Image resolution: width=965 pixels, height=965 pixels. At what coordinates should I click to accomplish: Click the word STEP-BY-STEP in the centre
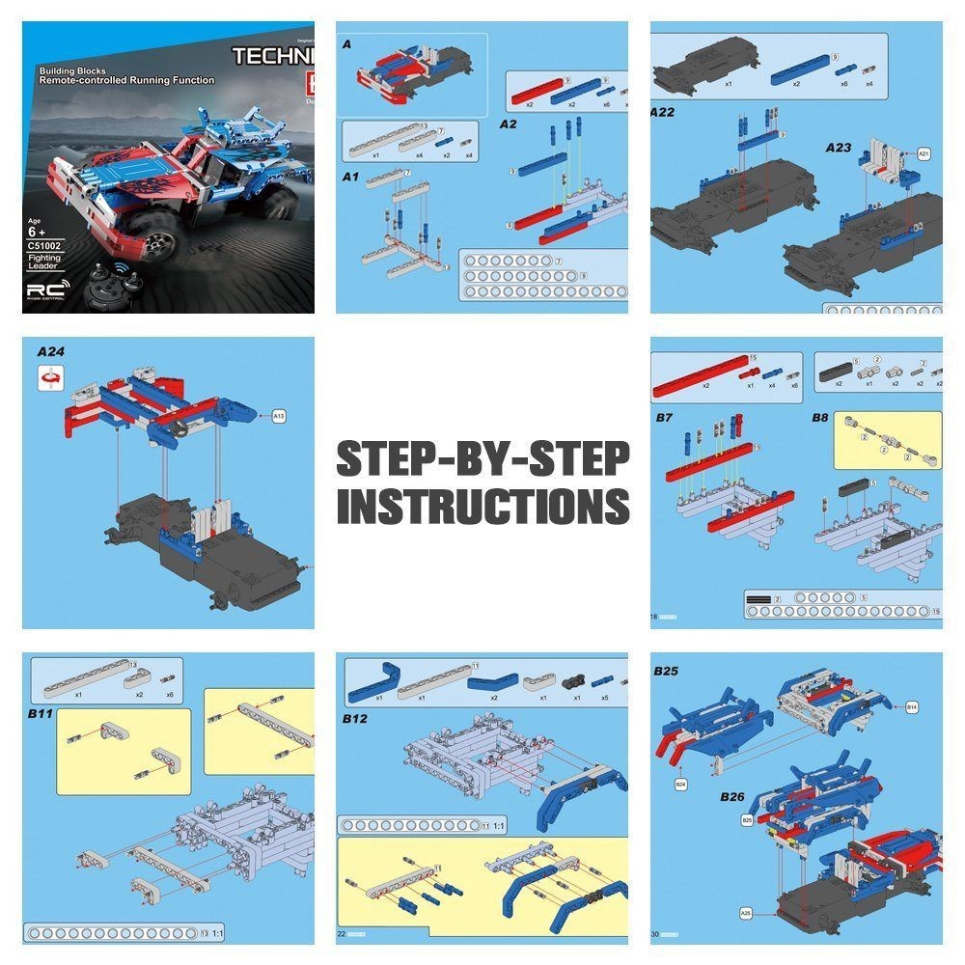(482, 458)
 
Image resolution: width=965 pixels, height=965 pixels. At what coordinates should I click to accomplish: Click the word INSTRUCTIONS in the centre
(482, 505)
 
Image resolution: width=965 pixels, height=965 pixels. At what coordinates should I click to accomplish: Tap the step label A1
(350, 178)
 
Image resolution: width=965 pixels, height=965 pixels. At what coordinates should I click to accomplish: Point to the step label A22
(663, 112)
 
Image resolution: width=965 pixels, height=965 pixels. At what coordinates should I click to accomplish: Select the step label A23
(839, 148)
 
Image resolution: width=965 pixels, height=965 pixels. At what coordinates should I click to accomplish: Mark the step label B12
(356, 718)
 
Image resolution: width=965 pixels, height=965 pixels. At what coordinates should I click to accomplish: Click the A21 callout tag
(924, 153)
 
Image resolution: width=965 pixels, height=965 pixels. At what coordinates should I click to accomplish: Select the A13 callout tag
(279, 417)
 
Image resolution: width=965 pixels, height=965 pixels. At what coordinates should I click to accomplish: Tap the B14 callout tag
(911, 707)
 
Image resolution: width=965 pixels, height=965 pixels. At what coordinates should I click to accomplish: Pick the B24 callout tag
(680, 785)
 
